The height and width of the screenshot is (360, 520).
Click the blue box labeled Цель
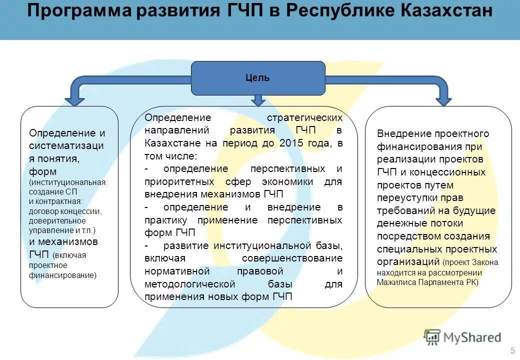(x=257, y=78)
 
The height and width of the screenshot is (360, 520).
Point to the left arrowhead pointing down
(x=75, y=99)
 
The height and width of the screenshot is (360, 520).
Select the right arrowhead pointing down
(x=443, y=99)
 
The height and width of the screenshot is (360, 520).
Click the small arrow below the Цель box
(x=258, y=100)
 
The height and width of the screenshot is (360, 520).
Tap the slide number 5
(x=512, y=350)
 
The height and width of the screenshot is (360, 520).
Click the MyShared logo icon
(x=432, y=337)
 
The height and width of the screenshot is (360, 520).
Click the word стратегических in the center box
(x=304, y=117)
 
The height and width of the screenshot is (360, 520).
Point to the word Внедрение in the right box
(x=397, y=133)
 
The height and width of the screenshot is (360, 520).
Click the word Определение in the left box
(x=62, y=133)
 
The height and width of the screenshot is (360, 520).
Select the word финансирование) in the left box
(x=62, y=275)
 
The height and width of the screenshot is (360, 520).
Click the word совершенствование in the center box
(x=292, y=258)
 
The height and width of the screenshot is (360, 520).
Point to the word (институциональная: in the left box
(x=68, y=182)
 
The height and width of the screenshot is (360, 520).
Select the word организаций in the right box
(x=408, y=261)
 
